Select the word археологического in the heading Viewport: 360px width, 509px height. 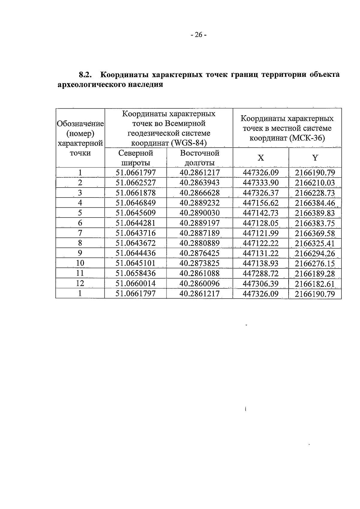[x=92, y=85]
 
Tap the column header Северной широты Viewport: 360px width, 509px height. [x=136, y=158]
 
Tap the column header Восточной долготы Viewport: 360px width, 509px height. [x=199, y=158]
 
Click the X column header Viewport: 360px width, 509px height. [x=261, y=158]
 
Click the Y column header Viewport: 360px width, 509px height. [x=315, y=158]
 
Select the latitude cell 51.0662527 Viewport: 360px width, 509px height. [x=136, y=183]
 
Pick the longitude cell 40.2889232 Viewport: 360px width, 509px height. [x=199, y=203]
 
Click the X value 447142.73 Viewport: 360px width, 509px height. [x=261, y=213]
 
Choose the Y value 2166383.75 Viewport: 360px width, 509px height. [x=315, y=223]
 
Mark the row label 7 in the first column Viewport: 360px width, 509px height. [x=80, y=233]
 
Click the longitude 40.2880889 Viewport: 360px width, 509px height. [x=199, y=243]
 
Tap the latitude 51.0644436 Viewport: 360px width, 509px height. [x=136, y=253]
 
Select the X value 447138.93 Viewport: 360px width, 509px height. [x=261, y=263]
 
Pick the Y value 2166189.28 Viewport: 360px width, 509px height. [x=315, y=273]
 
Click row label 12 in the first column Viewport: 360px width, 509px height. [x=80, y=283]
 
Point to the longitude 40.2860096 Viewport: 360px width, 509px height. [x=199, y=283]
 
